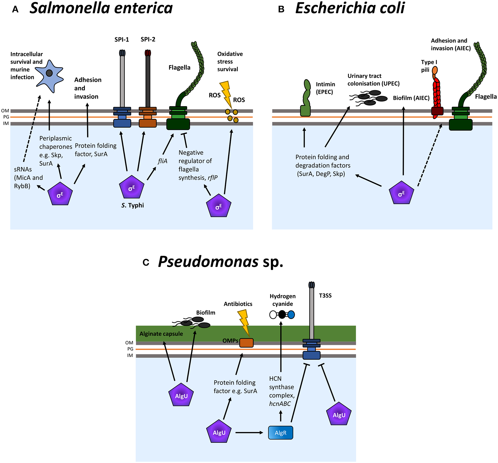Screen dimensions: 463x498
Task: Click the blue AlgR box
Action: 280,433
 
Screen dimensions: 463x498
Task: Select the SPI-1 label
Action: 122,40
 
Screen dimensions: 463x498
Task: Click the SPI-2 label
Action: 148,39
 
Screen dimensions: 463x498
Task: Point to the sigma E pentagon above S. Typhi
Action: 132,188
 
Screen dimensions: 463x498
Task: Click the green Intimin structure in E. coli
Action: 306,98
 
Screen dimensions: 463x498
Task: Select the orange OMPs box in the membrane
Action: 246,343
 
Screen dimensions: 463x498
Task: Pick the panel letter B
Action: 281,10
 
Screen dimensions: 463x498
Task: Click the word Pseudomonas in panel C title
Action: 208,262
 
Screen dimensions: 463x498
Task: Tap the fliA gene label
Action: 162,161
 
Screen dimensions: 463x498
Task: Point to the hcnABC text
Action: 280,404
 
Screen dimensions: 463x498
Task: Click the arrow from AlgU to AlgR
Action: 249,433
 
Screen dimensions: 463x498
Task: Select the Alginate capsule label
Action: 161,334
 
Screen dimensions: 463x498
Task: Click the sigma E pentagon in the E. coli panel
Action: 401,193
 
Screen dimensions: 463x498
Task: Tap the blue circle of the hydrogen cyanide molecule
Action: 291,315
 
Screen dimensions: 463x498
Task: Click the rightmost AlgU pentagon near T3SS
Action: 339,414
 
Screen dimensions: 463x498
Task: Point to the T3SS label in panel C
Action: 325,296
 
